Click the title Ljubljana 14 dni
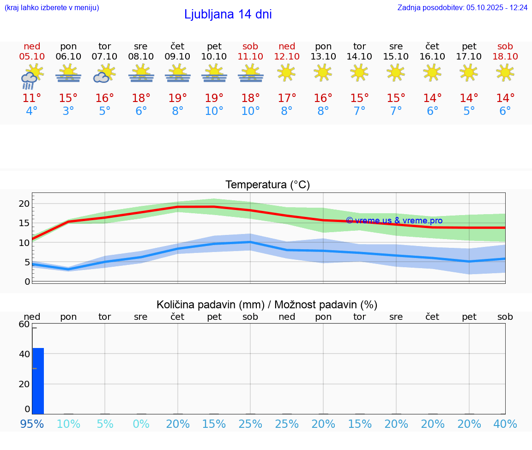[x=228, y=14]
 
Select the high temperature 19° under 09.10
[x=177, y=98]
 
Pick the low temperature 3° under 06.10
[x=68, y=111]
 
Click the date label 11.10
[x=250, y=56]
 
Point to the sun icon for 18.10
[x=505, y=72]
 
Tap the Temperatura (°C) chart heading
[x=267, y=185]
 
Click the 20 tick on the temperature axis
[x=24, y=204]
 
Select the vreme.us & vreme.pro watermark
[x=394, y=221]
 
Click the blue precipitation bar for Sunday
[x=38, y=381]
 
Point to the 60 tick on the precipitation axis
[x=24, y=324]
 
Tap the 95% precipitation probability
[x=32, y=424]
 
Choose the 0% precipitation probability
[x=141, y=424]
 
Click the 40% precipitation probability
[x=505, y=424]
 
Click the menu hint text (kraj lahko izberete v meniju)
[x=52, y=7]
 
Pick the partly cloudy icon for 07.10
[x=104, y=74]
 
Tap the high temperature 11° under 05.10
[x=32, y=98]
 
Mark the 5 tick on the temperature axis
[x=27, y=262]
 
